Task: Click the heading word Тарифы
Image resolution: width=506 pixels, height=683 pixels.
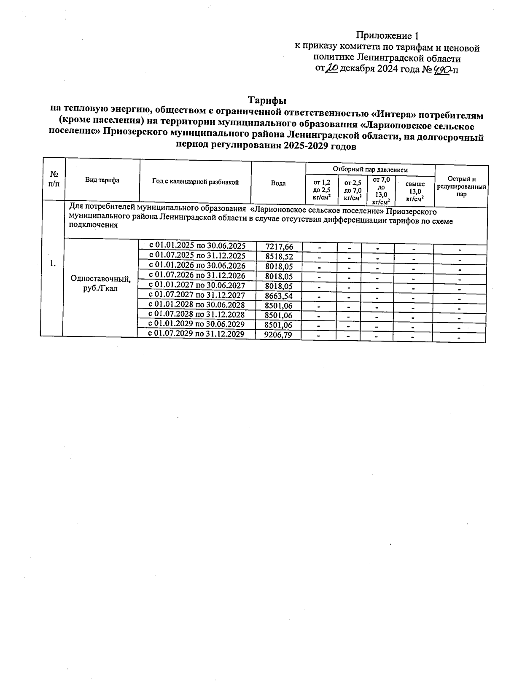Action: [x=267, y=100]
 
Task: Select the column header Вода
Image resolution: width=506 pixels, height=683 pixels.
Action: [x=278, y=183]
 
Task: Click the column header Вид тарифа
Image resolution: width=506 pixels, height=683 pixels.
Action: [x=102, y=180]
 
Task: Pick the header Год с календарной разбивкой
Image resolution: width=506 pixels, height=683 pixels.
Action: [x=195, y=182]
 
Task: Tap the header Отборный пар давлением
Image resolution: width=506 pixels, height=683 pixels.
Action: [x=370, y=169]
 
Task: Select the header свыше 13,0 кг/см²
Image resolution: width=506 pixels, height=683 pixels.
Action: [x=415, y=191]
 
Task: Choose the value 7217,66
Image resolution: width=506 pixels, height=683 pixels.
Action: [x=279, y=247]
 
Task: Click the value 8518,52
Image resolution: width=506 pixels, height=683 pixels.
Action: [x=279, y=256]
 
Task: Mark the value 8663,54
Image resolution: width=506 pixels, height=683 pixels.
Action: [x=279, y=296]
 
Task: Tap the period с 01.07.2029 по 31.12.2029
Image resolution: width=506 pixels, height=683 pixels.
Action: [x=196, y=334]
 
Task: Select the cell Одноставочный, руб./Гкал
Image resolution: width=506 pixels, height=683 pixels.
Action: [x=100, y=283]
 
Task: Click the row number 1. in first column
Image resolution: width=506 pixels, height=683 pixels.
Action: [x=52, y=264]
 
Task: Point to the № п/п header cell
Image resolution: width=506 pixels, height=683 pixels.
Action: [x=54, y=179]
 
